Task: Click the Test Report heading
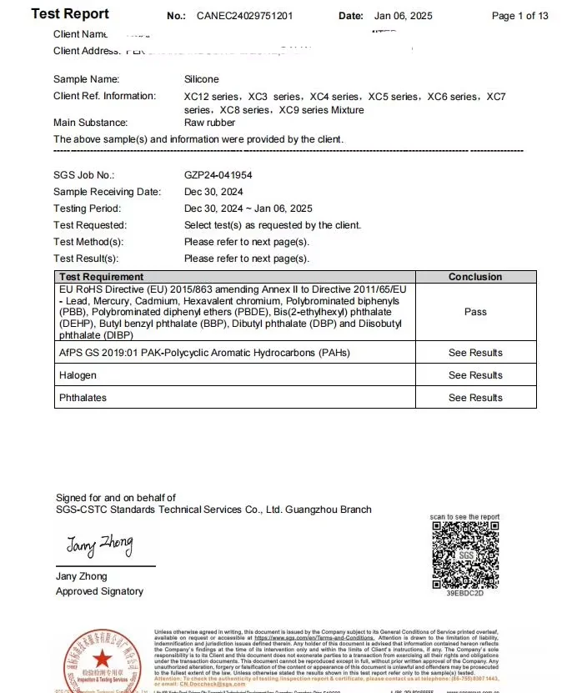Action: click(x=70, y=14)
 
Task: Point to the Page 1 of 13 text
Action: click(x=519, y=16)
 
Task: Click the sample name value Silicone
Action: click(x=202, y=79)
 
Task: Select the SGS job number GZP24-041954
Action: click(x=218, y=175)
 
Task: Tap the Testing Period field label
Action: click(x=87, y=208)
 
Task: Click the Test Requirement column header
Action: click(x=101, y=277)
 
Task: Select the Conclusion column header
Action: click(x=475, y=277)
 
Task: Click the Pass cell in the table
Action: click(x=475, y=312)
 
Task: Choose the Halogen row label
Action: click(x=78, y=375)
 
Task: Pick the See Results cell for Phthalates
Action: click(x=475, y=398)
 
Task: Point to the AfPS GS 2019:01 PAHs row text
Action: click(x=204, y=353)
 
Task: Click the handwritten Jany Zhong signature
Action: click(x=99, y=546)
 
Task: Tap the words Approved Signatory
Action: click(x=99, y=591)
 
